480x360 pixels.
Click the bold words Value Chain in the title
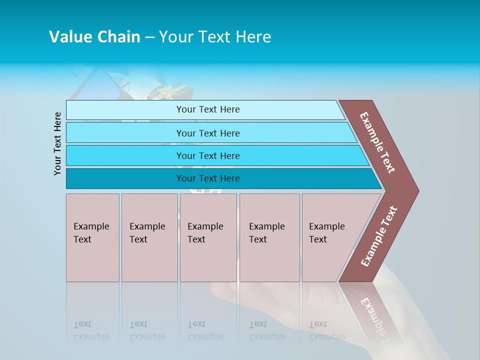coord(94,37)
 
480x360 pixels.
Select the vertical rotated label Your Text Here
coord(57,143)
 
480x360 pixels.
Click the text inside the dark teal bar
coord(208,178)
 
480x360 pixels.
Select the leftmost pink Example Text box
coord(92,237)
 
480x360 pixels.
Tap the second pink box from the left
coord(149,237)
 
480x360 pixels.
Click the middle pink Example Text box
coord(208,237)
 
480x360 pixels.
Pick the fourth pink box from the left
coord(269,237)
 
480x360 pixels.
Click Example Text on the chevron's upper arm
coord(377,142)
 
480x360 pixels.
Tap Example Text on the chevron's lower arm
coord(379,236)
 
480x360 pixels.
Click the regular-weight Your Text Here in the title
coord(215,37)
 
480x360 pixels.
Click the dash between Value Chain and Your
coord(149,37)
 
